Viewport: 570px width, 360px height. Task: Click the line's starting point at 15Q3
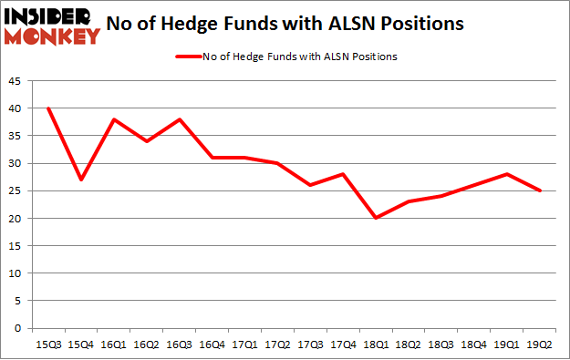(47, 108)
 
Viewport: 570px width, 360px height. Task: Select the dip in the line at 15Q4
(80, 180)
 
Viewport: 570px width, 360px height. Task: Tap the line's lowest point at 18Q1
(375, 218)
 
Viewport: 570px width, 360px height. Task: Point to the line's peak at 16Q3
(179, 119)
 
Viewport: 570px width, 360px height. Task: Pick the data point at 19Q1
(506, 174)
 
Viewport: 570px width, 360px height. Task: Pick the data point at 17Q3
(309, 185)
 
